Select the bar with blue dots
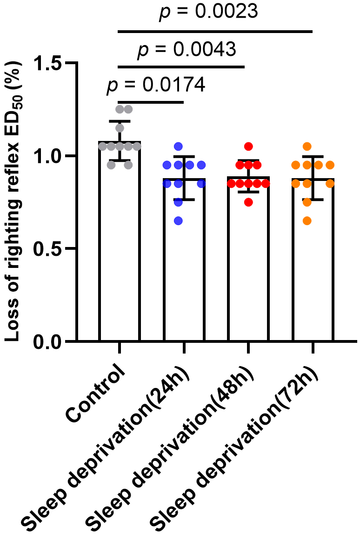[184, 279]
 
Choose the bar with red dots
[248, 279]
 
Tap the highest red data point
[248, 147]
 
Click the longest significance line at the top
[215, 32]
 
